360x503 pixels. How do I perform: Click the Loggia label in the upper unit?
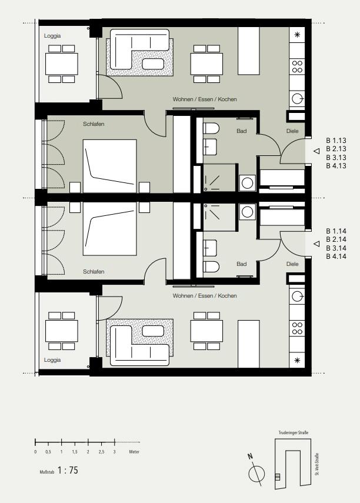(x=52, y=36)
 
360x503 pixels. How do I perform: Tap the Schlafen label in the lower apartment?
(x=94, y=272)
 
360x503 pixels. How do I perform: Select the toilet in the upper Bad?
(x=211, y=128)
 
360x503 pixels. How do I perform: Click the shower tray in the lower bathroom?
(x=220, y=217)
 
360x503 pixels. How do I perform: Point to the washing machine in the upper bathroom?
(x=248, y=183)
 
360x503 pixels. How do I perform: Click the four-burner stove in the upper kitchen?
(x=297, y=66)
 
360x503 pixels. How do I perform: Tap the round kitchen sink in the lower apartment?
(x=297, y=296)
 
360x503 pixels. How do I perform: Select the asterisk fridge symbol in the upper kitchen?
(x=297, y=35)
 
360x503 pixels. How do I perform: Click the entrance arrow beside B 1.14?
(x=316, y=244)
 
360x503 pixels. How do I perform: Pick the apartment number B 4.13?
(x=336, y=166)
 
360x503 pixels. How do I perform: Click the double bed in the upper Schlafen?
(x=110, y=166)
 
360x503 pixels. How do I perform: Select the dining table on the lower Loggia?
(x=62, y=331)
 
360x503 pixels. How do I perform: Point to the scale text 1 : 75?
(x=68, y=470)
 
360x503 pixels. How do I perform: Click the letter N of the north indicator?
(x=251, y=456)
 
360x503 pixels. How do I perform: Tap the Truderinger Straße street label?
(x=294, y=433)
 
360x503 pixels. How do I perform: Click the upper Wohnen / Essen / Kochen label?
(x=205, y=99)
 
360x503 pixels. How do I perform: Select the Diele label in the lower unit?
(x=292, y=264)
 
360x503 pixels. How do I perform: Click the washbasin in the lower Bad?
(x=210, y=249)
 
